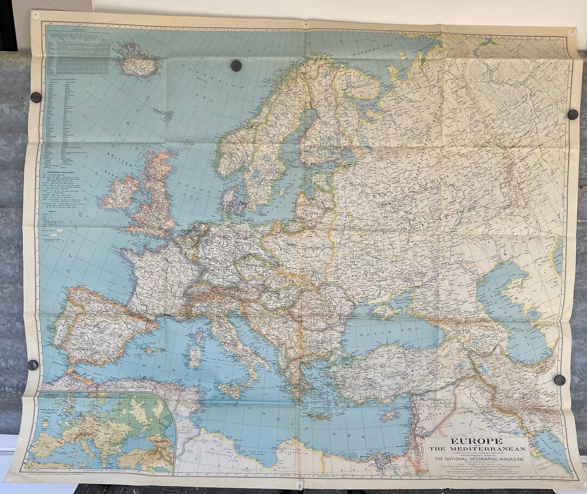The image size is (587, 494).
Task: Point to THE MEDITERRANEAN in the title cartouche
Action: pos(477,449)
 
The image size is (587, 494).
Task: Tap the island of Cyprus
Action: pos(390,414)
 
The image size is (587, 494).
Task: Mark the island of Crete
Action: pos(321,416)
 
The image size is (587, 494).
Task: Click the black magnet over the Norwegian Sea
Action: pos(236,66)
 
